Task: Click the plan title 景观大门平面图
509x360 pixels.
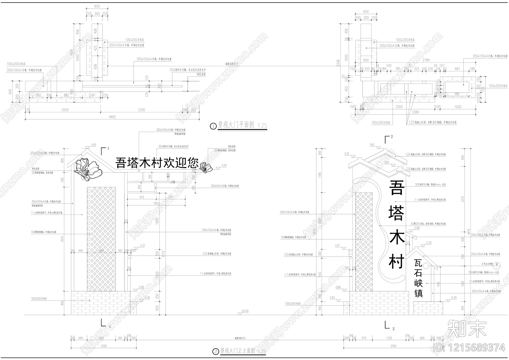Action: (236, 125)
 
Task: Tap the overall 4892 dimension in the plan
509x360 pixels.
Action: (112, 117)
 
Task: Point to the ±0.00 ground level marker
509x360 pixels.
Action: (245, 311)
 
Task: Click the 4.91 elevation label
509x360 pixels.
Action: (224, 166)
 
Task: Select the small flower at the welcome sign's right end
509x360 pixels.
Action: (206, 167)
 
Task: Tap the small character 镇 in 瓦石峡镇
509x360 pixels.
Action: (418, 293)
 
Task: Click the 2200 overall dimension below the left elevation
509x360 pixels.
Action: (104, 346)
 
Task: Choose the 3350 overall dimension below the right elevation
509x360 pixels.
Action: (394, 346)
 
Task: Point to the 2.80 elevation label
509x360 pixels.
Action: (417, 228)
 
